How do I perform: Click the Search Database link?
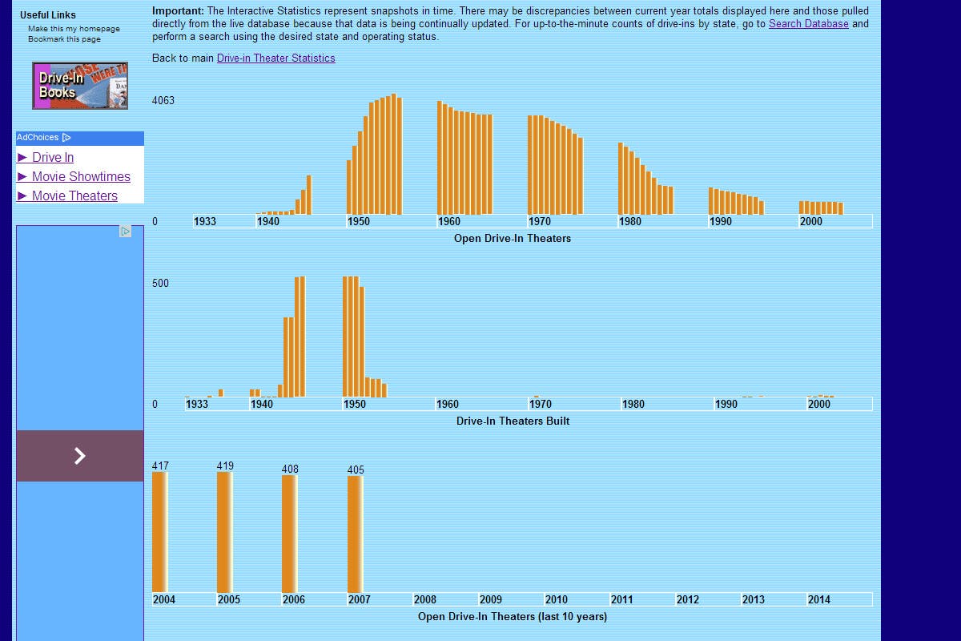coord(808,24)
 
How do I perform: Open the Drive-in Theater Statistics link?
coord(275,58)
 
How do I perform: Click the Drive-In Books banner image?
coord(80,86)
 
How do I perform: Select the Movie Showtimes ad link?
coord(81,177)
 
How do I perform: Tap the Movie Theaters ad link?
coord(74,196)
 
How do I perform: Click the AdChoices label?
coord(38,138)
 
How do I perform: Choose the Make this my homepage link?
coord(74,29)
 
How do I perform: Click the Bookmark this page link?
coord(64,39)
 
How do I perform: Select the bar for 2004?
coord(160,532)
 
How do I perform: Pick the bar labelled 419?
coord(225,532)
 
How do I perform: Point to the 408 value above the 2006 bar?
coord(290,470)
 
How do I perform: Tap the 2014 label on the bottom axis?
coord(818,600)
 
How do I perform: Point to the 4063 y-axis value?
coord(163,101)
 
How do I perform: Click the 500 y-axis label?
coord(160,284)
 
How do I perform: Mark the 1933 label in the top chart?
coord(205,222)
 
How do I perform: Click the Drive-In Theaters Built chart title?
coord(513,421)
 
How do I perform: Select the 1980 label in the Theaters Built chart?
coord(633,405)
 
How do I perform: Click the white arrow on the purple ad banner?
coord(80,456)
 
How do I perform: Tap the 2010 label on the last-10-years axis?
coord(556,600)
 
